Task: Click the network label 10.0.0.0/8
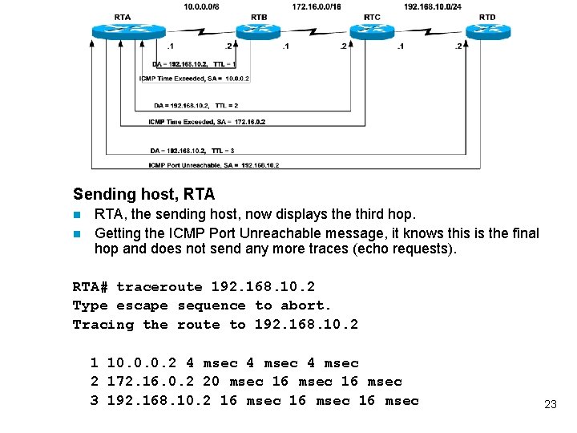pos(200,6)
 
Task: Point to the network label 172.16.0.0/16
pos(316,6)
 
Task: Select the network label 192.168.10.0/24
pos(433,6)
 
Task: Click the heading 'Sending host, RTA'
pos(143,194)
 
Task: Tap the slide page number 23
pos(550,404)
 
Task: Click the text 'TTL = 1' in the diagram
pos(224,63)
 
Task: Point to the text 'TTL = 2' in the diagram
pos(225,105)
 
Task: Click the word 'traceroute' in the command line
pos(159,287)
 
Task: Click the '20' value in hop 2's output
pos(211,382)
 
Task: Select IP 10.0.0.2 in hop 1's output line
pos(142,363)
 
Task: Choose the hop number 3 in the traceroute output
pos(95,400)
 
